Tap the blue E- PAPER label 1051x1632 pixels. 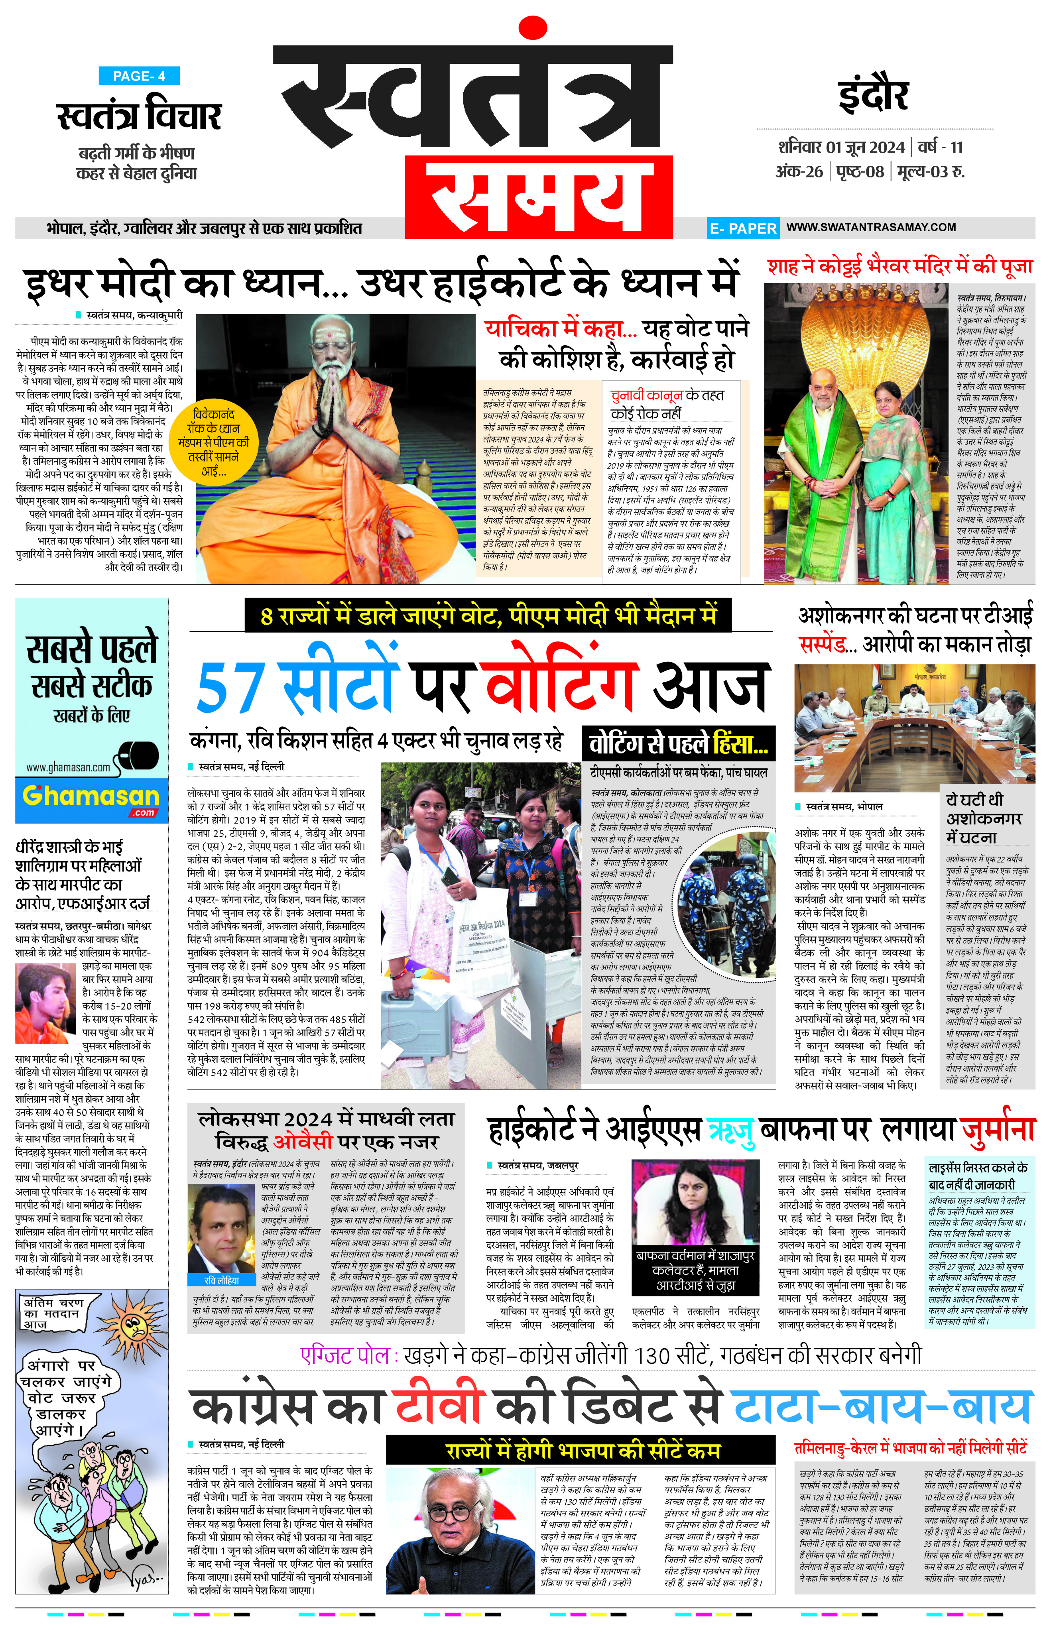click(742, 228)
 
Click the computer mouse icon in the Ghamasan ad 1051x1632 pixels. click(140, 757)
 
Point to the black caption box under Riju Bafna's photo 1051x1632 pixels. click(695, 1270)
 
